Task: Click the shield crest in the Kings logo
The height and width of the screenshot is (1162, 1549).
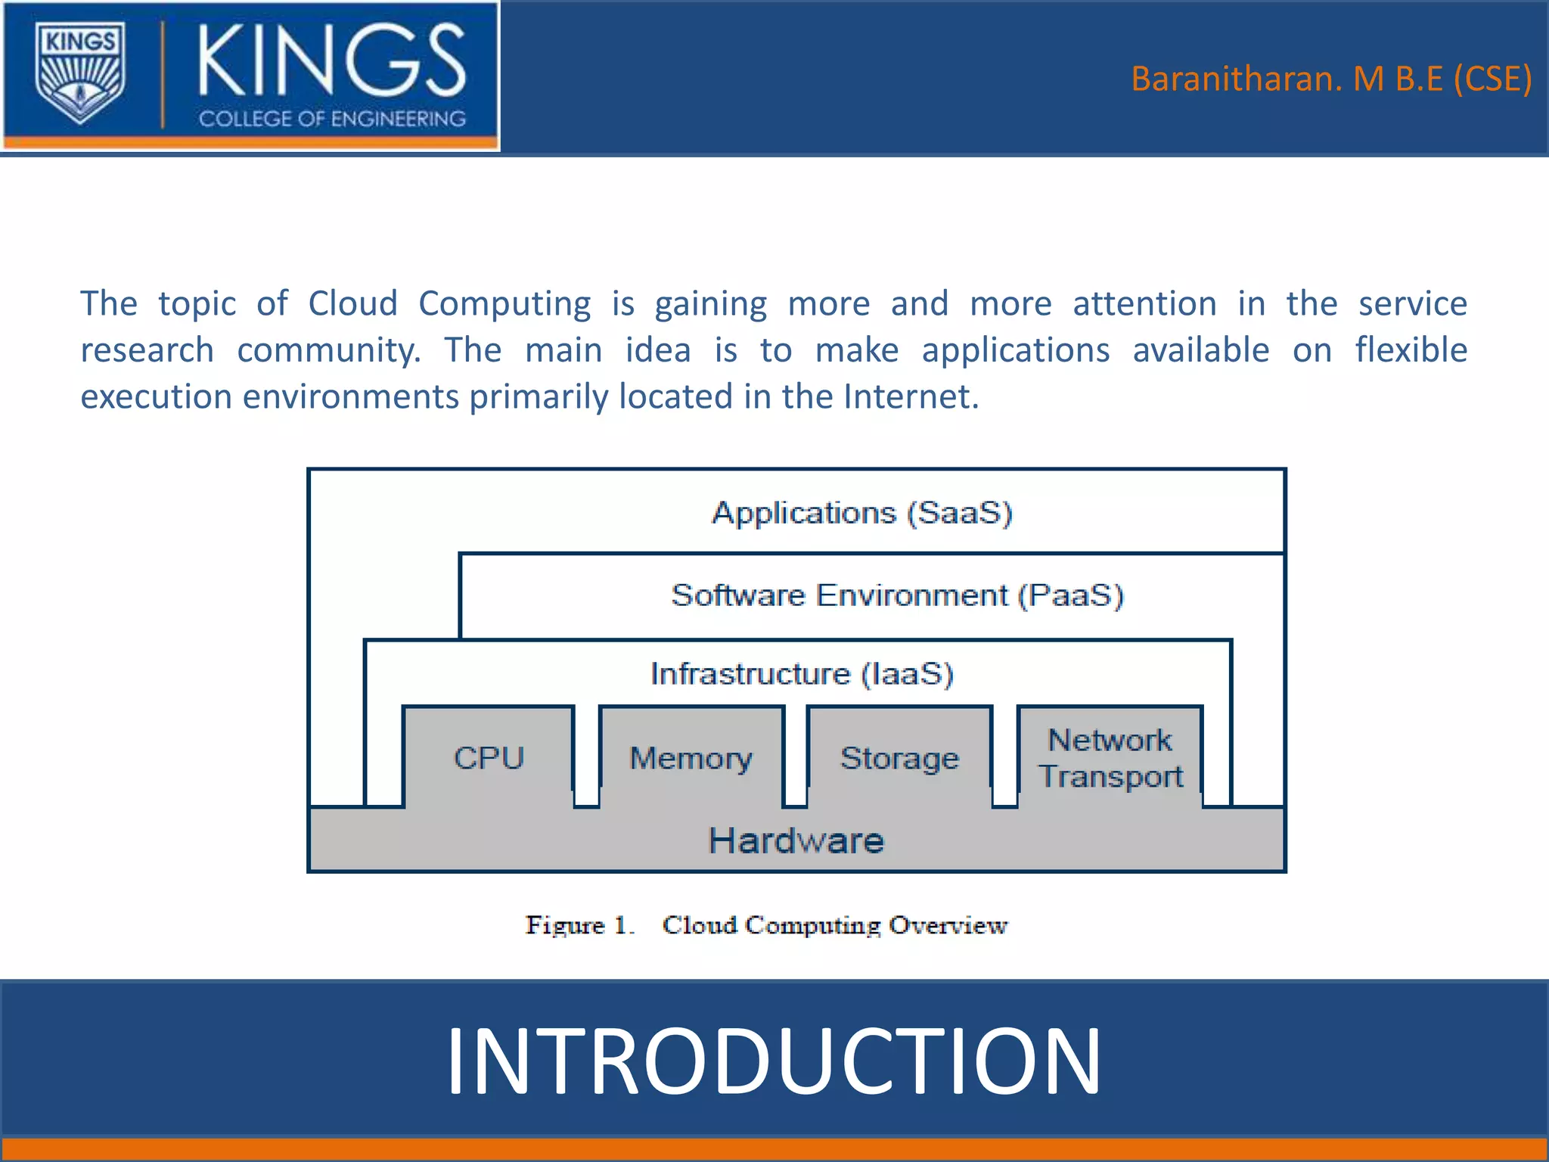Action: click(80, 74)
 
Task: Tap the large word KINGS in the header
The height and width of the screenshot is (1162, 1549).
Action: click(331, 61)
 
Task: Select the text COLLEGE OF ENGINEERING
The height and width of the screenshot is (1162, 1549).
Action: click(332, 119)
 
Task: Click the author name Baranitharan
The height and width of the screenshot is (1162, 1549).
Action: click(1236, 79)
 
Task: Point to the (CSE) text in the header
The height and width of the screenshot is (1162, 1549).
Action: click(1492, 79)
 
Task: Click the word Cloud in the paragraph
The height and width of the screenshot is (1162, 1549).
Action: click(352, 303)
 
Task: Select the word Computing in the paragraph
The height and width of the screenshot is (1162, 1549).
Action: click(504, 303)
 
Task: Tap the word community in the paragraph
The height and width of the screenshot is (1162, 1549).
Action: click(328, 350)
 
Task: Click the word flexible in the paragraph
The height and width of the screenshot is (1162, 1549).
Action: click(1411, 350)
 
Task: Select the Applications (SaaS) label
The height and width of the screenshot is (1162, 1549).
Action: click(861, 513)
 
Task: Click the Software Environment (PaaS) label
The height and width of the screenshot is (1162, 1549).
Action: click(897, 595)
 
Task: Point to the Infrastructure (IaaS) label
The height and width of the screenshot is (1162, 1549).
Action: click(802, 673)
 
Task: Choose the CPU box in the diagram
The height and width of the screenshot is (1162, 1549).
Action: click(489, 757)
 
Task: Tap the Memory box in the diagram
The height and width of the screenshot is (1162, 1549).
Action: click(691, 757)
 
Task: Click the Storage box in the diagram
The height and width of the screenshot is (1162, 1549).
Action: click(899, 757)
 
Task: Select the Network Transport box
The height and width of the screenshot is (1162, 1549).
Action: click(1110, 757)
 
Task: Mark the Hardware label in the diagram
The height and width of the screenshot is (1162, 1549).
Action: click(796, 840)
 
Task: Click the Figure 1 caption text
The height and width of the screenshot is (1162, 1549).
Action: click(765, 925)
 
